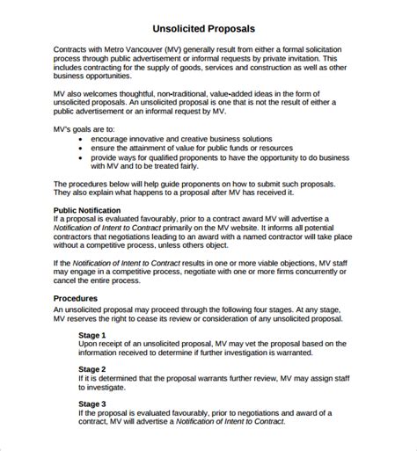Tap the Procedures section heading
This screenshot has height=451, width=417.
(x=80, y=298)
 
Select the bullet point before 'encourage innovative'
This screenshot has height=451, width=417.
(x=81, y=138)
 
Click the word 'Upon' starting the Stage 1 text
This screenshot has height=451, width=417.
(x=90, y=345)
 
